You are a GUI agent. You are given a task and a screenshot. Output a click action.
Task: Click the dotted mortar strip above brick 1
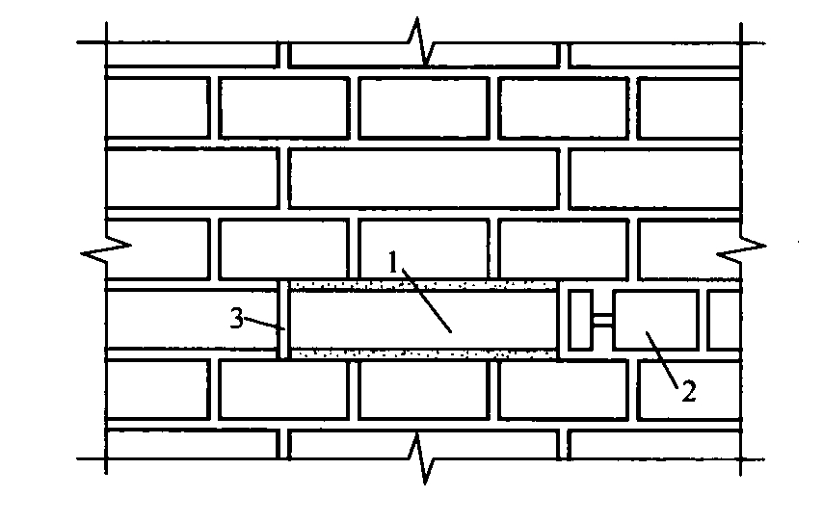[424, 285]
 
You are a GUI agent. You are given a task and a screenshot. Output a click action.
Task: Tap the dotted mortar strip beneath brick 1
[424, 354]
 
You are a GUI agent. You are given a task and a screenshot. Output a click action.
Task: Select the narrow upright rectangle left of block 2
[581, 320]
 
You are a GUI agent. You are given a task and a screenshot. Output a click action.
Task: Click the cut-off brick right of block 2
[724, 319]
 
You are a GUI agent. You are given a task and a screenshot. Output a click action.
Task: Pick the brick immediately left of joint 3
[191, 320]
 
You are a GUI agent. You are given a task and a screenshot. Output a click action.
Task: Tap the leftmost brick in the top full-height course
[156, 107]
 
